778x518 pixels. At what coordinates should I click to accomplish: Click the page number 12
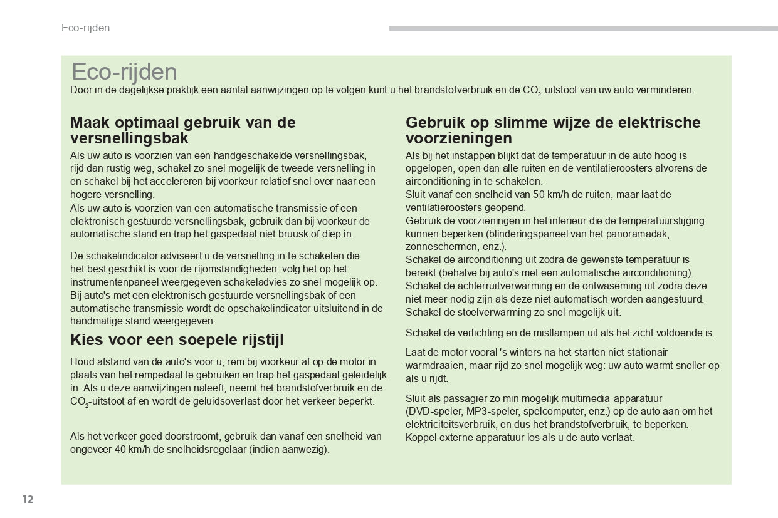(x=28, y=499)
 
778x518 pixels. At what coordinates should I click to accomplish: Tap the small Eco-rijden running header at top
(x=85, y=28)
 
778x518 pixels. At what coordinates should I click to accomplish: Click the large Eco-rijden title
(x=124, y=72)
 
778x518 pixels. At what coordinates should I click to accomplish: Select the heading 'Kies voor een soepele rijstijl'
(x=177, y=340)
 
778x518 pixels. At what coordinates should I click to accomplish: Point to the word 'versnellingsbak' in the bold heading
(x=129, y=138)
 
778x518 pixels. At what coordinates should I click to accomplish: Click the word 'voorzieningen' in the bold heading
(x=459, y=138)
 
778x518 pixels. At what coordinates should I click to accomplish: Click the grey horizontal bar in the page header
(x=574, y=28)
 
